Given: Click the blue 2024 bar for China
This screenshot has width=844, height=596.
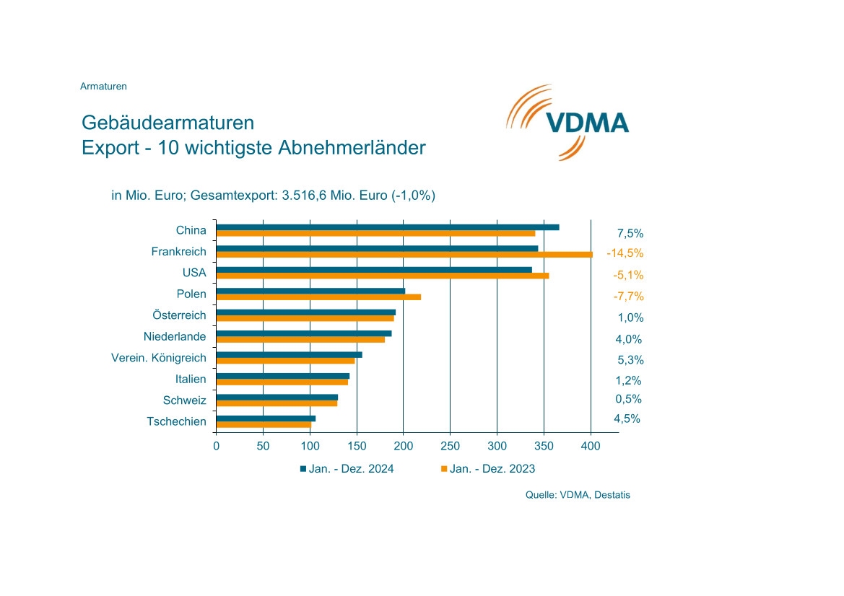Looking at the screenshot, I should pos(387,227).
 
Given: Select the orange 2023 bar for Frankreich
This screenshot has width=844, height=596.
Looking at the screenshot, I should pos(404,255).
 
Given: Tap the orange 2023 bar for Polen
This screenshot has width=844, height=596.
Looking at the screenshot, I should pos(318,297).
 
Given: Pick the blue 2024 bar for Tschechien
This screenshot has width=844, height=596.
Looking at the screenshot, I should pos(266,418).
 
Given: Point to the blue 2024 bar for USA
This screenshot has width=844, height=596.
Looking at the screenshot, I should pos(374,270).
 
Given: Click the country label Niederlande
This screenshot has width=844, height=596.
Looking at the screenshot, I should pos(175,336).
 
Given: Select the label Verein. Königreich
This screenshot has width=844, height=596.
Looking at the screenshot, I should pos(158,358).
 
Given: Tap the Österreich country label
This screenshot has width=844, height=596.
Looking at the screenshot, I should pos(179,315).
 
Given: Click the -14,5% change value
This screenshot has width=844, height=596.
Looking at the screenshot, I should pos(625,253).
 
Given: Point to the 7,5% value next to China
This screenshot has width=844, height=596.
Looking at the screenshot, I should pos(630,233).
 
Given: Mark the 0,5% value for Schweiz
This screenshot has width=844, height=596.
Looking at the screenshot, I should pos(628,399).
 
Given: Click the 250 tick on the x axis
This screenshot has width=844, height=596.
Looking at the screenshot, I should pos(451,447).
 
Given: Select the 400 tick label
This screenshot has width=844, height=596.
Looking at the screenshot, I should pos(591,447).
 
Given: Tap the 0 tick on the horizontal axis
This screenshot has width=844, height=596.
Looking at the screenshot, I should pos(216,447).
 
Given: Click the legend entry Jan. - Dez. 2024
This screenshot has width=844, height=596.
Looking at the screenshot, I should pos(347,469).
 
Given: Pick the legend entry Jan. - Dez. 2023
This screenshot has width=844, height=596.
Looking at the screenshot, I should pos(488,469).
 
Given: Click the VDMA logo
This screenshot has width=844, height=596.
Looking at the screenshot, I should pos(567,121).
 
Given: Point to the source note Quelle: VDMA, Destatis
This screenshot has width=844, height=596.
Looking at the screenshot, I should pos(578,495).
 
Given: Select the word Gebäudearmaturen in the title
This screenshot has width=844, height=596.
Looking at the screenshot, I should pos(168,122).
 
